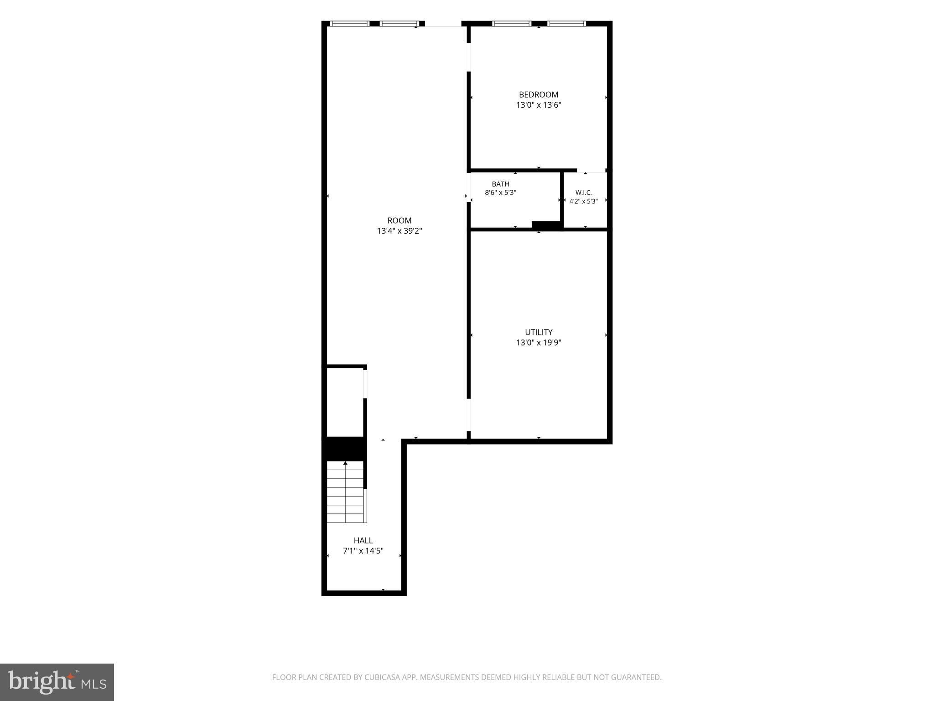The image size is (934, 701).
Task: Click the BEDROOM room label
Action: click(x=539, y=94)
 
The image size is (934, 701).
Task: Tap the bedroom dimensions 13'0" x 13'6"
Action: click(x=539, y=105)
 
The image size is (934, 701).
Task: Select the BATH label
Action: click(x=500, y=184)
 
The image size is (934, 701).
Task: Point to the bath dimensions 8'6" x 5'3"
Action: click(x=500, y=193)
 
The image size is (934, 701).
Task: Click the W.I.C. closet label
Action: click(x=584, y=193)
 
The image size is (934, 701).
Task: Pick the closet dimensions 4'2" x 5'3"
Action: click(x=584, y=201)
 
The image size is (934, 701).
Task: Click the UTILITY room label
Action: click(x=539, y=332)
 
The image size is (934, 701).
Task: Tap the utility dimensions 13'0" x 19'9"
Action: click(x=539, y=343)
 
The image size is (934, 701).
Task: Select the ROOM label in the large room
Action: click(x=400, y=220)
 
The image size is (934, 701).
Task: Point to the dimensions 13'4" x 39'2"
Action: click(x=400, y=231)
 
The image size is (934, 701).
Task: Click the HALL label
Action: click(x=363, y=540)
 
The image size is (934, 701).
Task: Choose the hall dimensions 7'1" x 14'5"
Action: click(x=363, y=551)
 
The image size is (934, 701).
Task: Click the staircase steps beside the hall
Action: click(x=346, y=492)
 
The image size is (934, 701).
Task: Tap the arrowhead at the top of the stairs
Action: click(x=345, y=463)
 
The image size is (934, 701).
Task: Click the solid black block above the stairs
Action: click(x=344, y=449)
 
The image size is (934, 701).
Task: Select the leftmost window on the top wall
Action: click(x=350, y=24)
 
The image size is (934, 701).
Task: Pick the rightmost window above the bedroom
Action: click(x=566, y=24)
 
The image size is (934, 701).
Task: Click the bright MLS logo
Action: click(x=57, y=682)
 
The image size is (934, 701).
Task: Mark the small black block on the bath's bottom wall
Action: click(x=546, y=225)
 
